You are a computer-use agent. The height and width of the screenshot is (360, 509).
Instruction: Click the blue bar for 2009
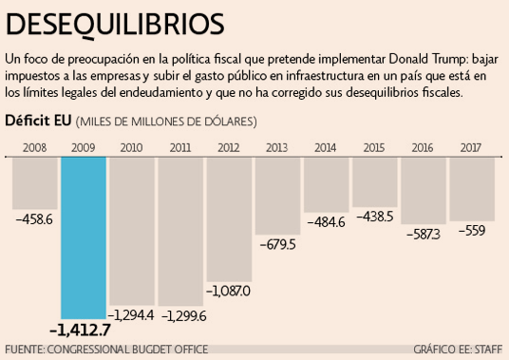[x=84, y=237]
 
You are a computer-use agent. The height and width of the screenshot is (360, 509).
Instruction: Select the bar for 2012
[x=230, y=218]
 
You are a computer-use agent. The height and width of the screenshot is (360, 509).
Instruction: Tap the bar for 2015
[x=374, y=180]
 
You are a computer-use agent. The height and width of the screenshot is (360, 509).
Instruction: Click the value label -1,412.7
[x=80, y=330]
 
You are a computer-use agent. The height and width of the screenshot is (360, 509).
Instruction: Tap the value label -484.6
[x=326, y=221]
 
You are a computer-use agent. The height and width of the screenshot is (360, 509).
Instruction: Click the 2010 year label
[x=132, y=147]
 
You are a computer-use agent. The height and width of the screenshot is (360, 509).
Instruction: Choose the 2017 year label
[x=472, y=147]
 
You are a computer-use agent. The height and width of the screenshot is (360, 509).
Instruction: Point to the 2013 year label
[x=277, y=147]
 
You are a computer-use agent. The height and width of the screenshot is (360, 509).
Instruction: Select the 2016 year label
[x=424, y=147]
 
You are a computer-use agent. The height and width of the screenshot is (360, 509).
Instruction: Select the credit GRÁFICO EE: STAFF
[x=458, y=350]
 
